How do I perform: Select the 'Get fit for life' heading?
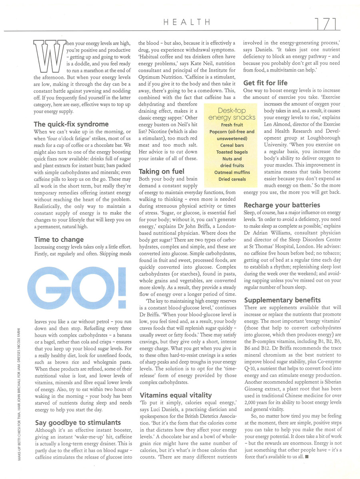click(x=265, y=83)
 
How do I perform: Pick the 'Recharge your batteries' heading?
click(x=278, y=205)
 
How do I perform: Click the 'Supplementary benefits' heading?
click(x=282, y=300)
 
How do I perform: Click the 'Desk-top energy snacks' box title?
click(x=232, y=114)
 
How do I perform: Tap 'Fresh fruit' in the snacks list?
click(x=232, y=125)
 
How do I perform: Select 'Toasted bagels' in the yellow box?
click(x=232, y=152)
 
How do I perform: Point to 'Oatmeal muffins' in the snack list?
click(x=232, y=172)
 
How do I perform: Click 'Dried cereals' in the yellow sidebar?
click(x=232, y=179)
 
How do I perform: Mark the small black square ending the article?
click(x=306, y=457)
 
